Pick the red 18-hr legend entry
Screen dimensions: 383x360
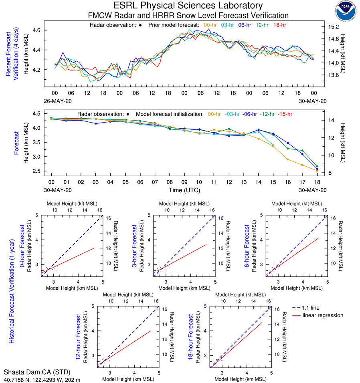tap(280, 25)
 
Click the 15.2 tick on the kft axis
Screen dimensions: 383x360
tap(334, 27)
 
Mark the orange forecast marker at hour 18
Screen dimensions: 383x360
tap(317, 171)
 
